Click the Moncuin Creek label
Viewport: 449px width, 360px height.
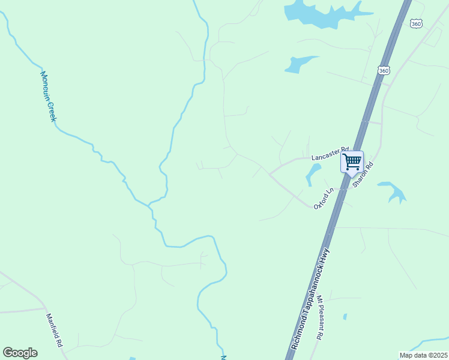[48, 97]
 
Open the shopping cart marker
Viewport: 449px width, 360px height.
[352, 161]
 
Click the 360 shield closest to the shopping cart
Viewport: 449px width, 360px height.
[384, 71]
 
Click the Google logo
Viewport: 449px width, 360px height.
[20, 352]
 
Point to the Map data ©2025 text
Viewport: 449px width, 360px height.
[423, 355]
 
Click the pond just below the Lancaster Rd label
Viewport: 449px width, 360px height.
[312, 175]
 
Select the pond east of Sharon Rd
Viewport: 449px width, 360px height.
[394, 191]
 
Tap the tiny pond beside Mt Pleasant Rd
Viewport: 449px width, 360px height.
[345, 316]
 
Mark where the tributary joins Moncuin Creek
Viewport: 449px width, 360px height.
[148, 205]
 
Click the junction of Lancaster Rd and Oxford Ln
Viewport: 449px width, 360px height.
[270, 173]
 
